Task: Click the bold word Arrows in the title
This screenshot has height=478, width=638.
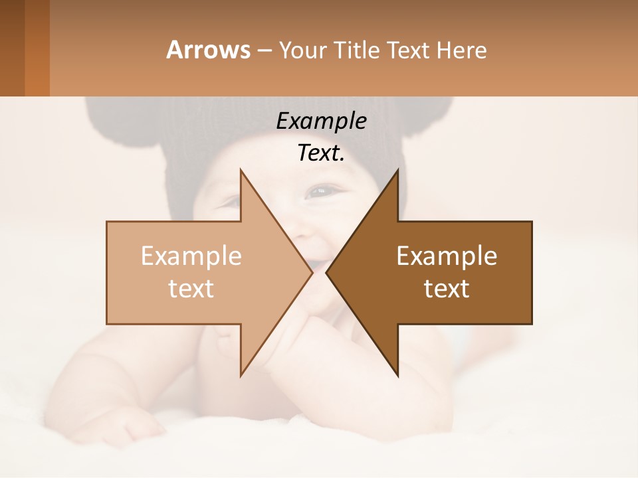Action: [x=208, y=50]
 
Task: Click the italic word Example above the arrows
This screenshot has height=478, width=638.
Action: [x=321, y=121]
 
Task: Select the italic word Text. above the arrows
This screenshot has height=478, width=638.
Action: [x=321, y=153]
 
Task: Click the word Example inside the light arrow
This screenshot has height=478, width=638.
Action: [x=191, y=256]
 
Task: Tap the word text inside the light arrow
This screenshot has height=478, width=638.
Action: [x=191, y=288]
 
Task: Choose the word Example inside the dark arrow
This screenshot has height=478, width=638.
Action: [x=447, y=256]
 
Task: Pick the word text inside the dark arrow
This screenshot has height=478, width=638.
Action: [x=447, y=288]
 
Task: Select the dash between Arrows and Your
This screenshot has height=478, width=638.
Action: [x=264, y=51]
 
